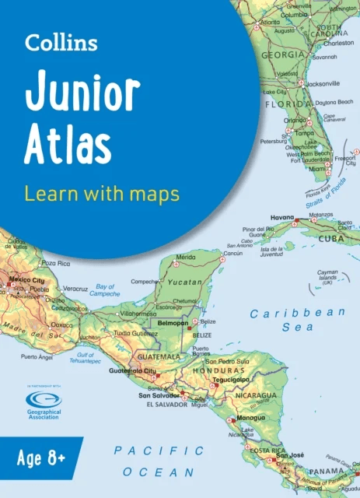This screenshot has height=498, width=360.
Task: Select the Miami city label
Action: click(316, 168)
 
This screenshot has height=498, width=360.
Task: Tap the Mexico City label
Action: click(26, 279)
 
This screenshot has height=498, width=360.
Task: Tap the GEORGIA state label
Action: click(282, 55)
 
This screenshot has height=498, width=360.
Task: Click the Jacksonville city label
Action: click(322, 83)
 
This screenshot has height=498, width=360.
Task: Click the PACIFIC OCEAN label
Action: click(159, 461)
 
